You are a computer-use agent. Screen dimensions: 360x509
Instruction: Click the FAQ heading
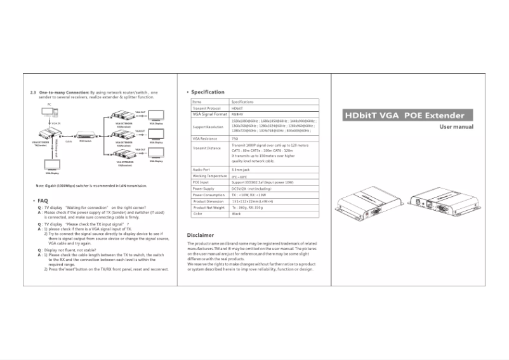43,200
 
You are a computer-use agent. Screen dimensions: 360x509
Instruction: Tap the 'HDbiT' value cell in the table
239,108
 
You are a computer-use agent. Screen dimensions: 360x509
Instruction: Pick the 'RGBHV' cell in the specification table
240,114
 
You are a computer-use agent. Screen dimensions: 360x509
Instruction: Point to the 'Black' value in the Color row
237,214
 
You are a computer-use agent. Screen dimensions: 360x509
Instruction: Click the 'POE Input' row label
201,182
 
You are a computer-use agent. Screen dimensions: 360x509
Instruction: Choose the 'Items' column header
197,102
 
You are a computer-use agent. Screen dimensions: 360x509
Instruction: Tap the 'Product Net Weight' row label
209,208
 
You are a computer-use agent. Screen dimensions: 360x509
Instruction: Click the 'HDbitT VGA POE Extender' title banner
404,116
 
